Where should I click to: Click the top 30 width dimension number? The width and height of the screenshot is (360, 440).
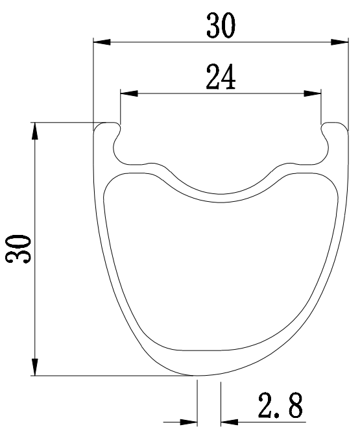pos(221,26)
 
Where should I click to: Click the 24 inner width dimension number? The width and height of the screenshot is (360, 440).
pos(221,77)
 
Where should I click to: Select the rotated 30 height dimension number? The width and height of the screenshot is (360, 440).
pos(18,249)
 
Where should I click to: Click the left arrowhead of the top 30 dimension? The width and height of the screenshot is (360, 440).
pos(102,42)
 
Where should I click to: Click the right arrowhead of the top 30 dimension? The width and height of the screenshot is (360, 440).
pos(339,42)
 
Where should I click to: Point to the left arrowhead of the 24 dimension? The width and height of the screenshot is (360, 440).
pos(129,93)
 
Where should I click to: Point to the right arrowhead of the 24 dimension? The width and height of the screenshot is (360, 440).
pos(313,93)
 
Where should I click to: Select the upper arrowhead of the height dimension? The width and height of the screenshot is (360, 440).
pos(34,131)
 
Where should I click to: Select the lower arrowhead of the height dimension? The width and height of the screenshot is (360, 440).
pos(34,367)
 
